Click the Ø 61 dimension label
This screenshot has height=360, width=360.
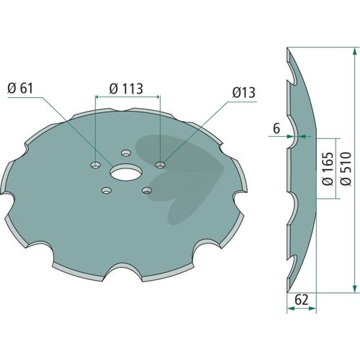[x=20, y=89]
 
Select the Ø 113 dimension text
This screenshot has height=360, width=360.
[x=126, y=89]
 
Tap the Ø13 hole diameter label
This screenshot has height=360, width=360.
[x=244, y=92]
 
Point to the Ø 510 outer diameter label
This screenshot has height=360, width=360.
[x=346, y=168]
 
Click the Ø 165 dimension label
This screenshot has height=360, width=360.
[x=328, y=168]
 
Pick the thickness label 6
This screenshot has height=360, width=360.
[x=276, y=129]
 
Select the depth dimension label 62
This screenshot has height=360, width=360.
[x=301, y=300]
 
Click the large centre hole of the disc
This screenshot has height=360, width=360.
[x=126, y=172]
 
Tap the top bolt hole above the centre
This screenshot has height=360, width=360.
[x=126, y=153]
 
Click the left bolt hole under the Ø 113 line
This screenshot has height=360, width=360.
[x=96, y=165]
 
